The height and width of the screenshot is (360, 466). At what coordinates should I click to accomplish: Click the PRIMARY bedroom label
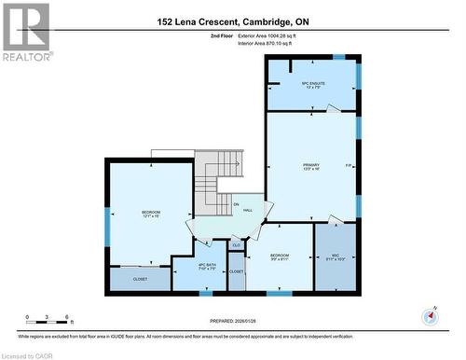click(311, 166)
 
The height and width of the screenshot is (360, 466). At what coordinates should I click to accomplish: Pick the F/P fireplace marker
click(348, 166)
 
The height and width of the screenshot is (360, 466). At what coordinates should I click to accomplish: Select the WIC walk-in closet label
click(335, 256)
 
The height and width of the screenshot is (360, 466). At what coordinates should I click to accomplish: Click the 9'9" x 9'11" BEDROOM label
click(280, 256)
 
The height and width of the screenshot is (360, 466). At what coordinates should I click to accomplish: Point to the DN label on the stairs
click(237, 203)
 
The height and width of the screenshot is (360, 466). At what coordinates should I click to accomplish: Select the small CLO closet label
click(237, 245)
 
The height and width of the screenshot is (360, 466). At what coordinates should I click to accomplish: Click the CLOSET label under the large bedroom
click(140, 278)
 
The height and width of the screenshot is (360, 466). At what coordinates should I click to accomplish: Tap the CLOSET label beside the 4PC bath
click(237, 271)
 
